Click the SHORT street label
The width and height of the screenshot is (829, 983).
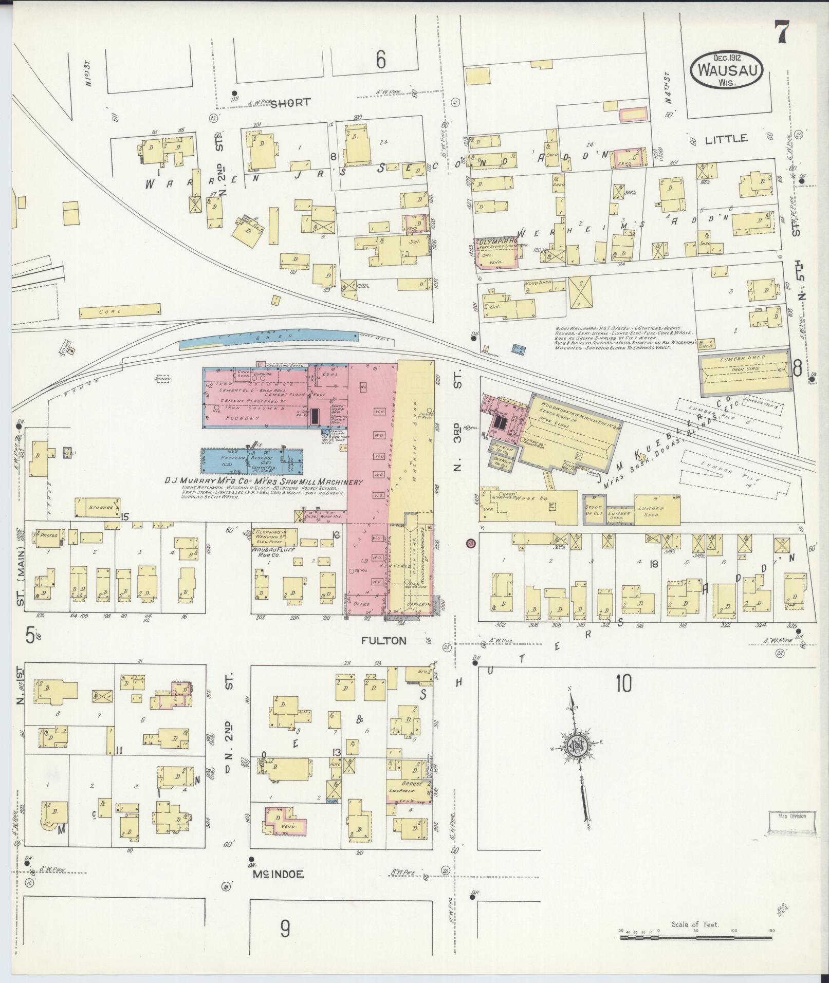point(290,102)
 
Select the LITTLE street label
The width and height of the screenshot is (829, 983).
point(725,139)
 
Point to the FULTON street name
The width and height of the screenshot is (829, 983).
point(383,640)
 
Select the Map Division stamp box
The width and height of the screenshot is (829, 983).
point(792,831)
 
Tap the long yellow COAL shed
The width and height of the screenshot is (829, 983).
point(120,311)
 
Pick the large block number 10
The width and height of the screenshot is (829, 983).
point(623,684)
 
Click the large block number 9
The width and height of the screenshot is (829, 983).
point(285,929)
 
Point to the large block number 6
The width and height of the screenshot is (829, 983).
point(380,61)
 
